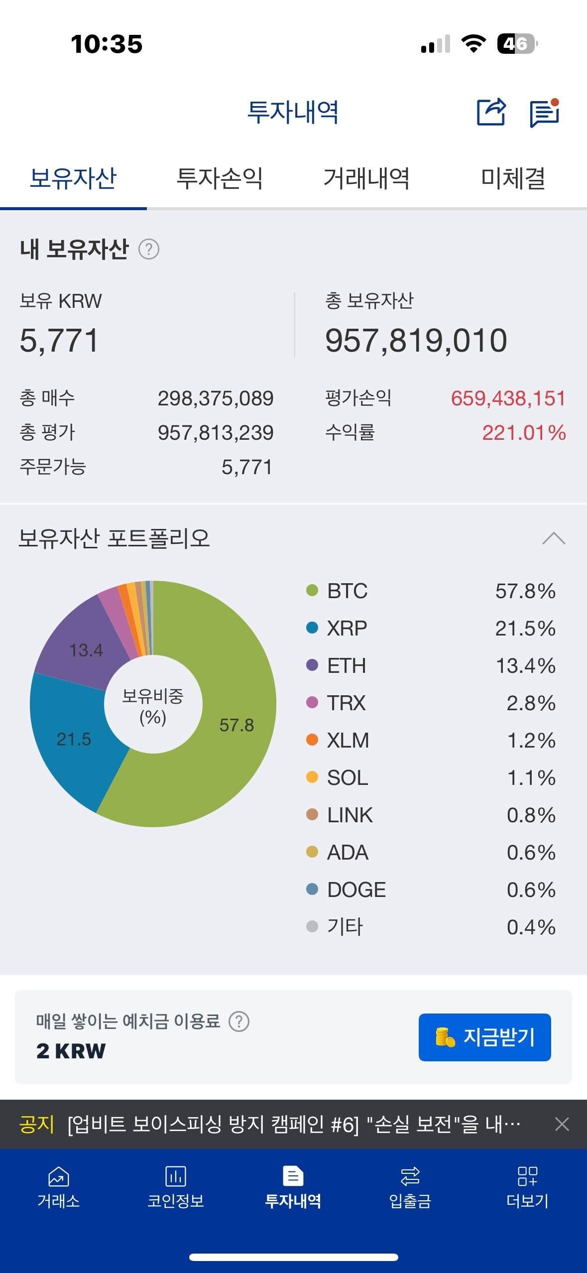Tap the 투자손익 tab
(x=220, y=178)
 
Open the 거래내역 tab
(x=366, y=178)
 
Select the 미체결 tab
(x=513, y=178)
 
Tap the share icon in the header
(x=491, y=112)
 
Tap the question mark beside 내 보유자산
(x=148, y=249)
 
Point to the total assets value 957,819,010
(x=416, y=341)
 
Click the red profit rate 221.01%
(x=524, y=433)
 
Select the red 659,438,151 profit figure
(x=508, y=398)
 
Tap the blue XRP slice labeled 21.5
(x=74, y=739)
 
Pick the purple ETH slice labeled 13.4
(x=86, y=650)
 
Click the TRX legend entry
(x=346, y=703)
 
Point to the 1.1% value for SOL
(x=531, y=778)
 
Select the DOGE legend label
(x=356, y=890)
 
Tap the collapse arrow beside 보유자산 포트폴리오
(x=554, y=538)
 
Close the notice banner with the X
(x=562, y=1124)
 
